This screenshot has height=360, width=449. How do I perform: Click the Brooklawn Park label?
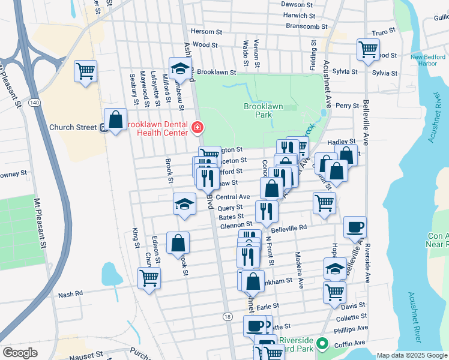262,110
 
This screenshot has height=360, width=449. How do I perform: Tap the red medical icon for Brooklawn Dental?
197,127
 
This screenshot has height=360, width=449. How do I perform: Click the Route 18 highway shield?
226,316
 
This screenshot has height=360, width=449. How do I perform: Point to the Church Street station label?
73,127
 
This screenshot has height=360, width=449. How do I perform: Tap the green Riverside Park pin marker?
323,344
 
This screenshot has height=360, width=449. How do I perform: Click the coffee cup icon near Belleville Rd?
355,227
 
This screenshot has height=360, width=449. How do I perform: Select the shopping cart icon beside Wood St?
367,50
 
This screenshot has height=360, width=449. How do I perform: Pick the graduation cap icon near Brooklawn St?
179,69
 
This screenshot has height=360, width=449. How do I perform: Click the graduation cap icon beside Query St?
184,204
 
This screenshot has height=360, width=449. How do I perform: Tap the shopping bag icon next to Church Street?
115,119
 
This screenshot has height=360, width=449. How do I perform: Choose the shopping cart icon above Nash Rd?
149,278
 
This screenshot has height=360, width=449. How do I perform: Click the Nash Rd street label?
70,295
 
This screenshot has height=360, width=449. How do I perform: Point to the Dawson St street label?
298,4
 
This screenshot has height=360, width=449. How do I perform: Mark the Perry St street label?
347,105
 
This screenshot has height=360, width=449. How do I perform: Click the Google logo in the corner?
20,353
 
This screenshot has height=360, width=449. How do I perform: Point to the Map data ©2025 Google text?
411,355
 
